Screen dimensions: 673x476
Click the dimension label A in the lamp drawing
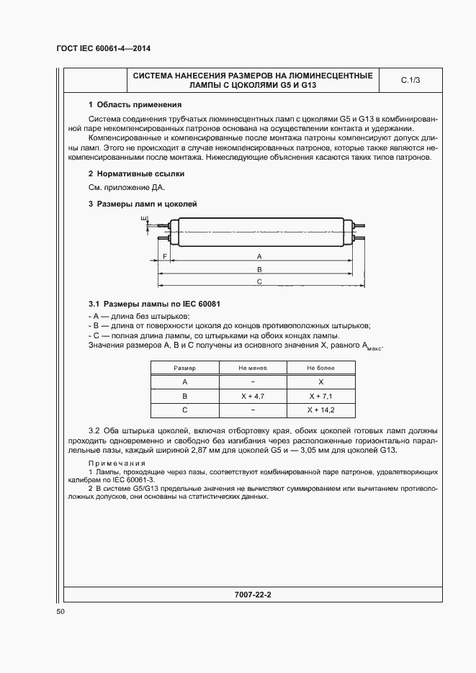pyautogui.click(x=259, y=256)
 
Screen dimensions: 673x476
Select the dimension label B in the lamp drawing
pyautogui.click(x=259, y=269)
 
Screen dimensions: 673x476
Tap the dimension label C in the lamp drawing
pyautogui.click(x=259, y=282)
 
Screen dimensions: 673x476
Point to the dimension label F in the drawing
pyautogui.click(x=165, y=256)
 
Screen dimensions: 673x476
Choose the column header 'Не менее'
pyautogui.click(x=253, y=368)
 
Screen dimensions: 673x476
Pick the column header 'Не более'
pyautogui.click(x=320, y=368)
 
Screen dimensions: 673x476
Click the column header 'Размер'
pyautogui.click(x=185, y=368)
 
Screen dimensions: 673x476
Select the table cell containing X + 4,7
pyautogui.click(x=253, y=396)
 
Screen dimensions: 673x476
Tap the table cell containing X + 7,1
pyautogui.click(x=320, y=396)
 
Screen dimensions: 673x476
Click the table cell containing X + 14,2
pyautogui.click(x=320, y=410)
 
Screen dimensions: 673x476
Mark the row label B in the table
pyautogui.click(x=185, y=396)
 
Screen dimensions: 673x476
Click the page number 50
pyautogui.click(x=60, y=611)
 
